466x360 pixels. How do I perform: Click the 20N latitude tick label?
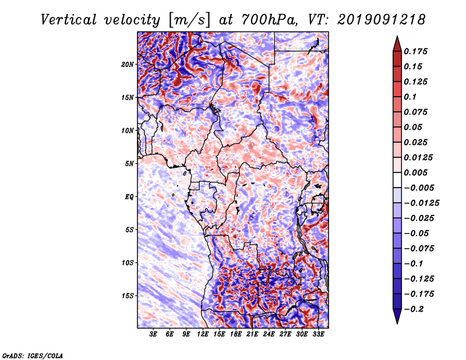click(128, 64)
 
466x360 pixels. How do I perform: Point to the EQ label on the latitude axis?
click(129, 196)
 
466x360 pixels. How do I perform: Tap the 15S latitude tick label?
click(128, 295)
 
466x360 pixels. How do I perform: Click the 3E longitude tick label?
click(154, 335)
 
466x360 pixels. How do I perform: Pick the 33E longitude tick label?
click(318, 335)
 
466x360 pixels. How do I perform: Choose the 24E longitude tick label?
click(269, 335)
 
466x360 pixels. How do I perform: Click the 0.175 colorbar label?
click(416, 51)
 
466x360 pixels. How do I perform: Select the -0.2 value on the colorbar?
click(415, 309)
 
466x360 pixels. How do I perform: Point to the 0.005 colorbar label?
click(416, 172)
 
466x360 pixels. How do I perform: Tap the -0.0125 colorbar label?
click(422, 203)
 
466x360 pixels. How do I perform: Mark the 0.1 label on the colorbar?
click(411, 97)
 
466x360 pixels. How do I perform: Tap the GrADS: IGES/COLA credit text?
click(32, 355)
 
